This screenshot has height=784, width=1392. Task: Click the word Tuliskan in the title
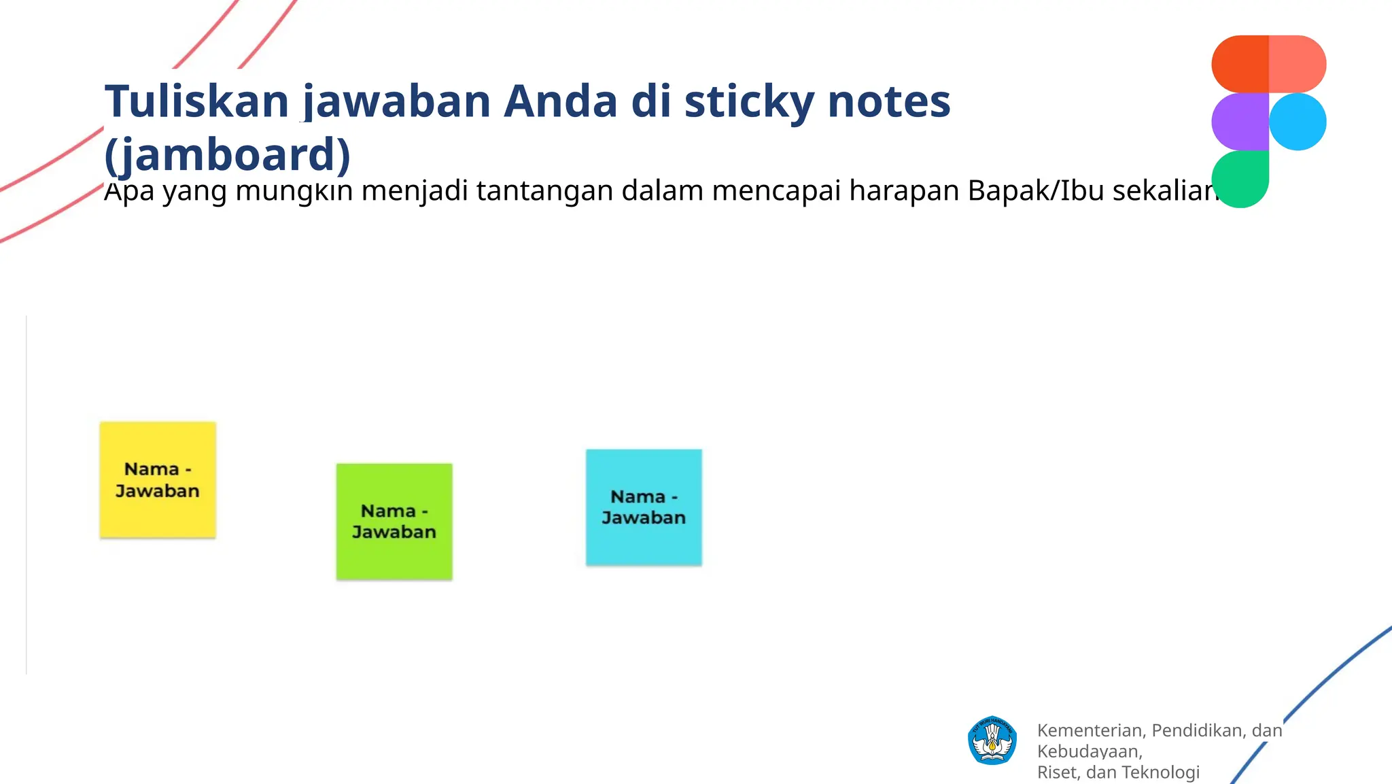197,101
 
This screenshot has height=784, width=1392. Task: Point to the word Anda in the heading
561,101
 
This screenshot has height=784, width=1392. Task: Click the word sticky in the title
748,101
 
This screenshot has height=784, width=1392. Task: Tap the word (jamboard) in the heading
228,155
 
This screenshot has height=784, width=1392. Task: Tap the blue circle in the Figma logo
1298,122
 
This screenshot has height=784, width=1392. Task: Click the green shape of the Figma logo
1240,178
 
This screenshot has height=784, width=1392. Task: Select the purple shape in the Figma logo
1240,122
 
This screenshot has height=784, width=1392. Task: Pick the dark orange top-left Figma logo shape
1240,64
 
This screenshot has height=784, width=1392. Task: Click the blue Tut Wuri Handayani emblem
992,740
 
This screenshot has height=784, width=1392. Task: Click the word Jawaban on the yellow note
158,491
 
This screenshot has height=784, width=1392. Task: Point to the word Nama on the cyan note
638,497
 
